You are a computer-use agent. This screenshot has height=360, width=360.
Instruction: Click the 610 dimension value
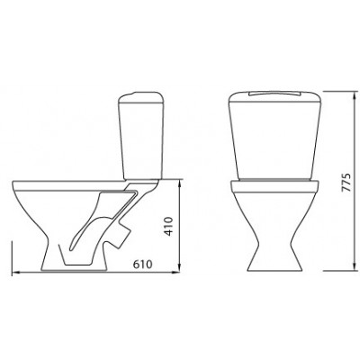143,265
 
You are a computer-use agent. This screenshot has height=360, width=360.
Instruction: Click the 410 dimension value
169,227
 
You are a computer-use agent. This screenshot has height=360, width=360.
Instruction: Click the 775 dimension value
346,182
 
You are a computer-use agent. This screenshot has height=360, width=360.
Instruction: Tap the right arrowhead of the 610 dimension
175,273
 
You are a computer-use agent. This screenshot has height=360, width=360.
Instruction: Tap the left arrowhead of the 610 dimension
16,273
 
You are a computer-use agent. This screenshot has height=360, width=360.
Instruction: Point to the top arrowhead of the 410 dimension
179,184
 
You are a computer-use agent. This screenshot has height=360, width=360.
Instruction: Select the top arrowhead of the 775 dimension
355,94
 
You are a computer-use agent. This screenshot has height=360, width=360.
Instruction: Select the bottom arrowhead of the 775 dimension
355,266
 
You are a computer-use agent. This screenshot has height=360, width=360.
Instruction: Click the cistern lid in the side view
141,97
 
